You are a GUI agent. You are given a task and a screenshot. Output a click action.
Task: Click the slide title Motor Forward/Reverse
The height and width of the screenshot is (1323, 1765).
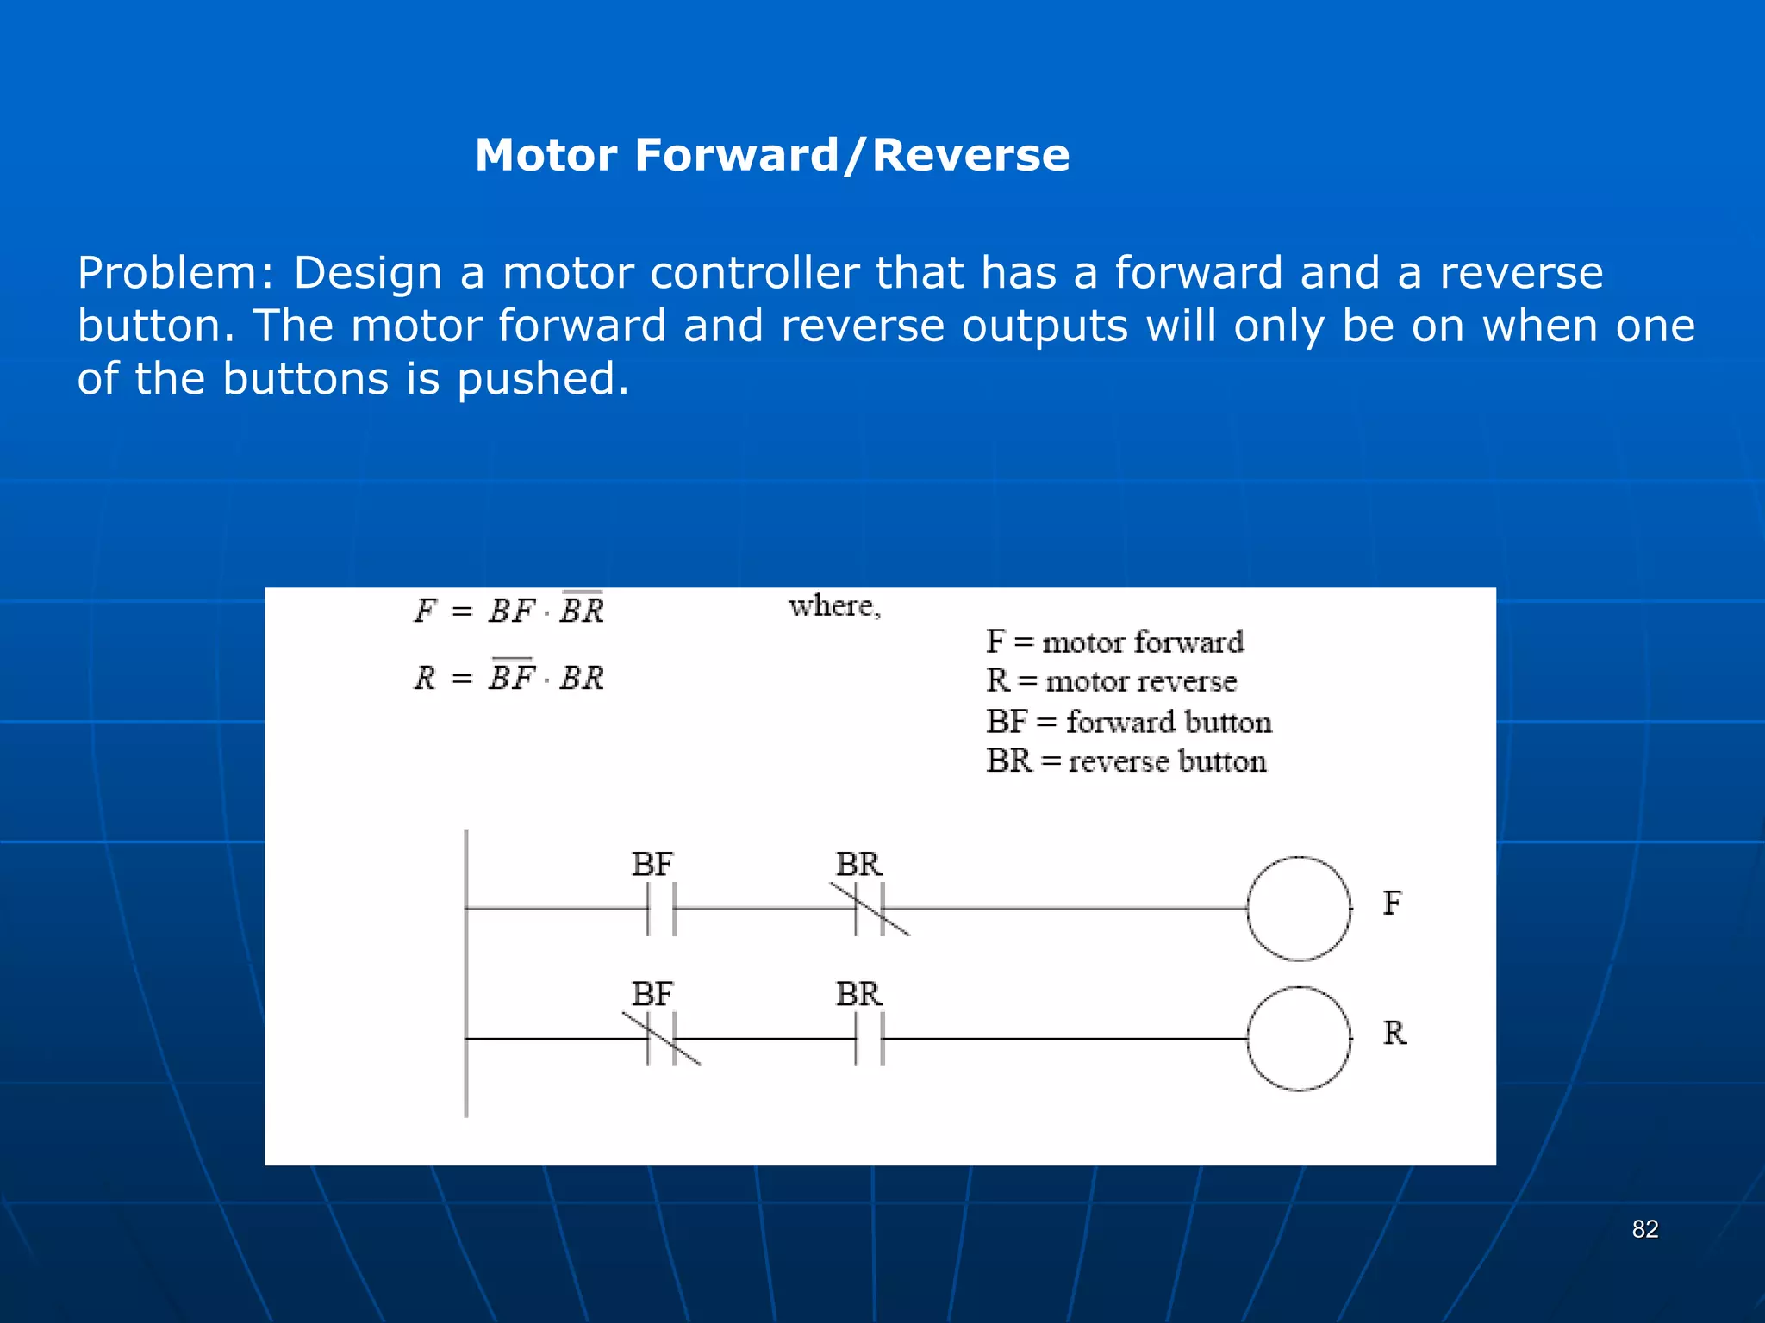coord(771,155)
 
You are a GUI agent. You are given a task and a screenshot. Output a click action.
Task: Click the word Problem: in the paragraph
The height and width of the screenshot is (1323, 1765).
coord(176,274)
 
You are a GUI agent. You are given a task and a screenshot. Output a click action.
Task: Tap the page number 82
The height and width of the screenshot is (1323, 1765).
coord(1644,1229)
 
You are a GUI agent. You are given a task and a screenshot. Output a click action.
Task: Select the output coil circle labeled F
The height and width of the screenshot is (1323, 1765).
coord(1298,908)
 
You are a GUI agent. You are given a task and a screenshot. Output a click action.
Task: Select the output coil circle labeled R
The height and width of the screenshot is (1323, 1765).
coord(1298,1039)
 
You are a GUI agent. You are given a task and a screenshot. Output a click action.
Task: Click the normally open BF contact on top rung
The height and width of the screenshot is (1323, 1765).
coord(661,908)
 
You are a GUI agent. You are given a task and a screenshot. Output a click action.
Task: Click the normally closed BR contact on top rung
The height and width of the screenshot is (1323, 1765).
coord(870,908)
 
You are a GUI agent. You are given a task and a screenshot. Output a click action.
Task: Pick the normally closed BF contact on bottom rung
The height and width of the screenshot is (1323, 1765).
coord(661,1039)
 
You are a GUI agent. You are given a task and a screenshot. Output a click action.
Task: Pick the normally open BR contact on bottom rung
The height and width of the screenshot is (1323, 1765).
coord(870,1039)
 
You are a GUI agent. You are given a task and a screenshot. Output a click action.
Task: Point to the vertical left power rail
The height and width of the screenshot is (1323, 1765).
coord(466,973)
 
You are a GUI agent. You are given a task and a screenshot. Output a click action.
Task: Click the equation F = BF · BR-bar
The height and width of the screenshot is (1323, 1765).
coord(509,610)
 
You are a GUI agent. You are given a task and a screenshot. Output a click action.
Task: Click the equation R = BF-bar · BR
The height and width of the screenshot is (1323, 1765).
coord(509,677)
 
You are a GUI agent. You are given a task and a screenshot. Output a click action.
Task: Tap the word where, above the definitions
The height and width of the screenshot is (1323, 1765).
coord(834,606)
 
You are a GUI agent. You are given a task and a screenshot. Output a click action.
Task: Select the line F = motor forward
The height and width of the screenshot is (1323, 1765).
coord(1114,642)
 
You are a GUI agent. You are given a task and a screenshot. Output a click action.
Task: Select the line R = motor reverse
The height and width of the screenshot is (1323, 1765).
coord(1111,681)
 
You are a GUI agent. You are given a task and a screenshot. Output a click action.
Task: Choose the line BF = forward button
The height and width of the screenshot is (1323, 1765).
coord(1128,722)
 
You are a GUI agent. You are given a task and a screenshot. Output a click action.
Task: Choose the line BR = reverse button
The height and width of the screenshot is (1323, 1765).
coord(1126,761)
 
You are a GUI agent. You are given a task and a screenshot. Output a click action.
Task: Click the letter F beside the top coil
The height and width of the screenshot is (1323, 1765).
coord(1392,903)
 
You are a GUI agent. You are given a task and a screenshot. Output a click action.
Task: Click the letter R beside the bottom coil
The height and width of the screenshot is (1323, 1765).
coord(1394,1033)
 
